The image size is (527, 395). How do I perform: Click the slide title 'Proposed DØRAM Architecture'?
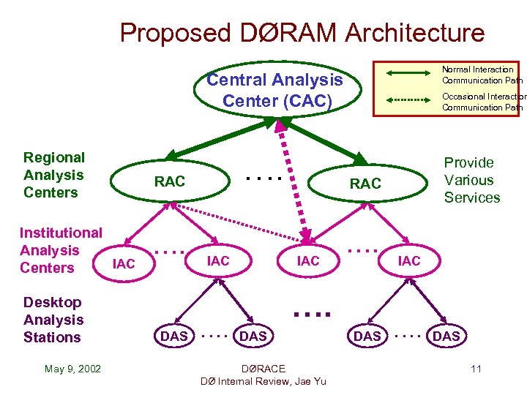click(x=302, y=33)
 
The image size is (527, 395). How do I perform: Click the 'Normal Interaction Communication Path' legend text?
click(x=480, y=75)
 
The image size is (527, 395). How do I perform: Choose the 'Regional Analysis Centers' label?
click(x=53, y=175)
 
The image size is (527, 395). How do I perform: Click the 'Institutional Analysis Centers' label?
click(x=60, y=250)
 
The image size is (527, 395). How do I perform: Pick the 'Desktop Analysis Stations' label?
click(x=53, y=320)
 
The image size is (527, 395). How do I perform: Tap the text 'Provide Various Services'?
click(x=472, y=180)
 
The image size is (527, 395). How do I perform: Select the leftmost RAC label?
click(x=170, y=181)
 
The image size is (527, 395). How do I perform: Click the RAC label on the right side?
click(x=365, y=184)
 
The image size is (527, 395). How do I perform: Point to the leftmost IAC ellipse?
click(x=124, y=263)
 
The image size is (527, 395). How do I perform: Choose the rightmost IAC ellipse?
click(x=409, y=260)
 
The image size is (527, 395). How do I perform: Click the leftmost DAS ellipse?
click(x=174, y=336)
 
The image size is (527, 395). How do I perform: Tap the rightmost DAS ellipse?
click(x=446, y=336)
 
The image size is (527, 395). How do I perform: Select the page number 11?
click(x=476, y=369)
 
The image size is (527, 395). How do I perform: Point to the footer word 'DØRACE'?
click(x=263, y=368)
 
